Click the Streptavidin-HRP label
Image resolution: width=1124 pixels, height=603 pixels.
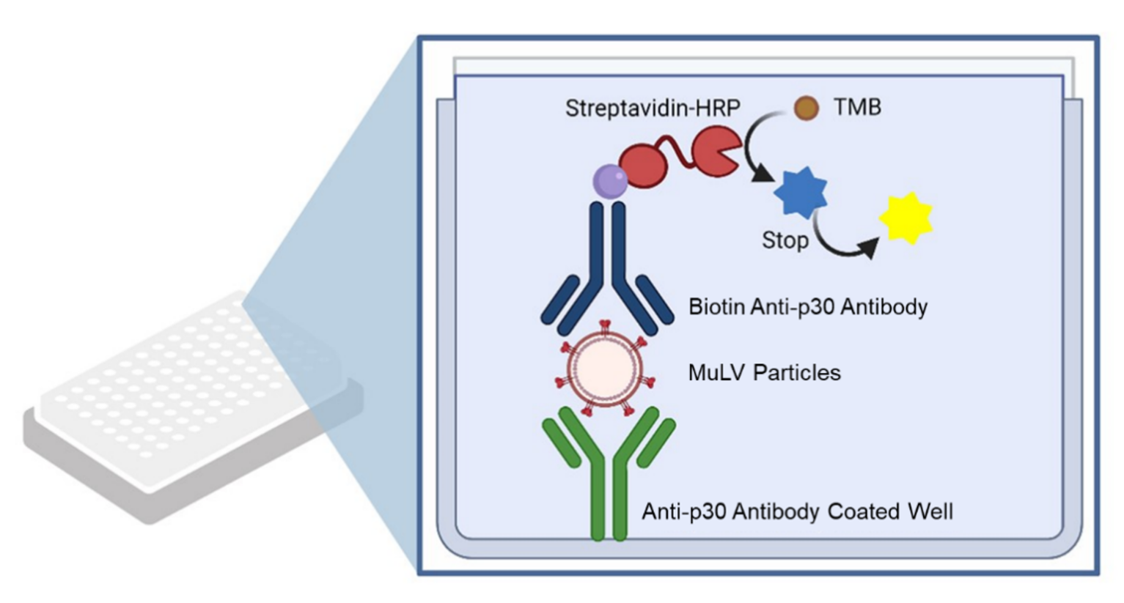point(652,108)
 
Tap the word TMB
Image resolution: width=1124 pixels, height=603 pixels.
point(856,108)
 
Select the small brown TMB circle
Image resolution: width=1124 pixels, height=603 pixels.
point(806,109)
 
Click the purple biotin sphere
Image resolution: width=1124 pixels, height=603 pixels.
point(610,180)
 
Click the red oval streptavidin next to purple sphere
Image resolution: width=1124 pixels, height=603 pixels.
point(643,165)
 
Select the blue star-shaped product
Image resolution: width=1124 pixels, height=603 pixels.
point(801,193)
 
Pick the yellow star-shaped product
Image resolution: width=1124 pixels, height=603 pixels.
point(906,218)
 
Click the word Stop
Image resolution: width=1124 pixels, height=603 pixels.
point(785,240)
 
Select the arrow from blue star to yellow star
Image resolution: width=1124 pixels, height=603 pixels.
point(843,245)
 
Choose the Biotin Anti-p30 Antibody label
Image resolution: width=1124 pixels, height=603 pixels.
point(807,306)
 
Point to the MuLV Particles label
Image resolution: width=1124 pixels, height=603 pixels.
point(764,372)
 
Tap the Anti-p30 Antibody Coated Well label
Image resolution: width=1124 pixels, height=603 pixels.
point(797,511)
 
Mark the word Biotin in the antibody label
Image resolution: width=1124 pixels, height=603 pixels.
point(716,306)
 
